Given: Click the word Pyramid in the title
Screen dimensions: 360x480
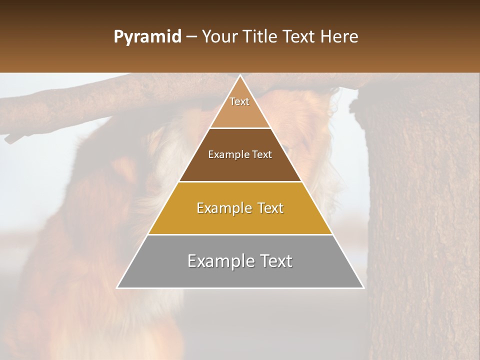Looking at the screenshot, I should [147, 37].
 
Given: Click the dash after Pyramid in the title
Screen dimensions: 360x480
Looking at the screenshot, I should [191, 37].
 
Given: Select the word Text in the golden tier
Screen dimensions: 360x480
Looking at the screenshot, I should [270, 208].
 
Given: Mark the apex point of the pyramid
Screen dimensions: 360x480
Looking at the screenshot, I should [240, 76].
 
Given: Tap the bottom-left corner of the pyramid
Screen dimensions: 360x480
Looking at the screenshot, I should [117, 287].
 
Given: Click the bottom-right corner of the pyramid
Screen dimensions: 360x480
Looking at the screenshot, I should [363, 287].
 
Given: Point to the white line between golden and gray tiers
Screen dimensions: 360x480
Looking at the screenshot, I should [240, 234].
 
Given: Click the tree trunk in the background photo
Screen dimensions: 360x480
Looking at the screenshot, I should [420, 225].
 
